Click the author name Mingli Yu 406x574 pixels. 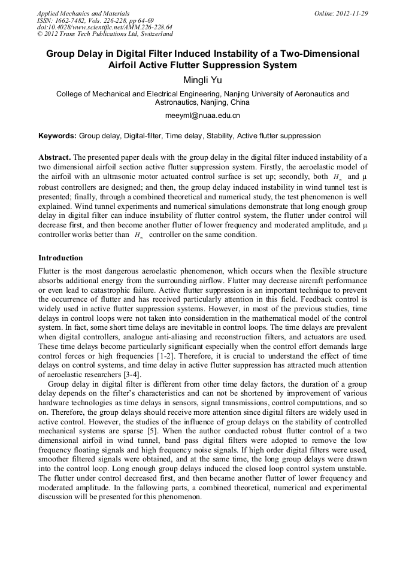click(203, 80)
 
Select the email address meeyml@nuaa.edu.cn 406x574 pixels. click(202, 114)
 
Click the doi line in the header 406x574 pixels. click(104, 27)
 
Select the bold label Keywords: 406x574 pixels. click(57, 136)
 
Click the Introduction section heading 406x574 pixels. click(60, 258)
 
